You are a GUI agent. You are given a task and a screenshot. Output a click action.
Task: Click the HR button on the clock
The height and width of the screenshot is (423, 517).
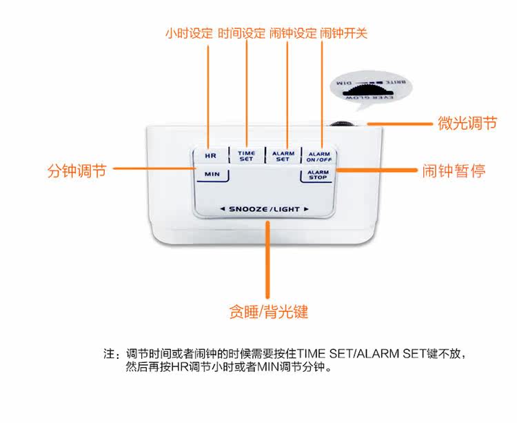coord(211,155)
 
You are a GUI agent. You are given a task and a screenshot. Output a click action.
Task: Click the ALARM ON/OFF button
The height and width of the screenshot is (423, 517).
coord(318,156)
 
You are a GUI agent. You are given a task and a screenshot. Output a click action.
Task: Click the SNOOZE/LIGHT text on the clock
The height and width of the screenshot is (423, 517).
coord(264,208)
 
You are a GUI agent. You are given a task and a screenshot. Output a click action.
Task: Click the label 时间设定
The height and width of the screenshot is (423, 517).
coord(241,32)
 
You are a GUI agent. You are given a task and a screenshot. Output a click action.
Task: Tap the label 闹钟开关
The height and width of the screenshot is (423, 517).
coord(344,32)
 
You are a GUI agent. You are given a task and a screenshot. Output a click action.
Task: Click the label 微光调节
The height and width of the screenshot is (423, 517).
coord(467,124)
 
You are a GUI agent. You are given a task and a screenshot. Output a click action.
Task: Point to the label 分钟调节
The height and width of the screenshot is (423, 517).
coord(77,170)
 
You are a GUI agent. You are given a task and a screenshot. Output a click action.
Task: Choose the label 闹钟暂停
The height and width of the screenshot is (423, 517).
coord(454,170)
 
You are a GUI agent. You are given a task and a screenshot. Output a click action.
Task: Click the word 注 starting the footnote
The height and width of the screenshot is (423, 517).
coord(109,354)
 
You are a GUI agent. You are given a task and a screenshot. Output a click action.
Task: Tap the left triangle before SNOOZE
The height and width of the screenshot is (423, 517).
coord(222,208)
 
